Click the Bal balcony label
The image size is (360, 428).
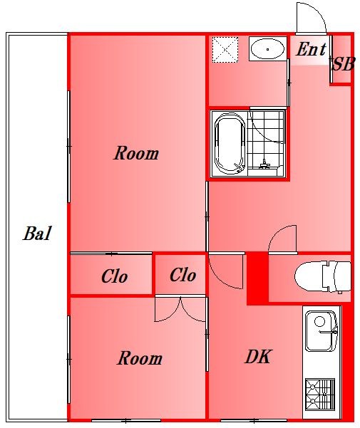click(x=36, y=234)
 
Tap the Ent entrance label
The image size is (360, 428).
click(x=311, y=49)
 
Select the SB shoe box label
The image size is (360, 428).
click(x=343, y=64)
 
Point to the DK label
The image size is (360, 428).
click(x=258, y=356)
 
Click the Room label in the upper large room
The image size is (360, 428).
click(x=136, y=153)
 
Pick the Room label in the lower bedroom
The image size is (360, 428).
click(x=140, y=358)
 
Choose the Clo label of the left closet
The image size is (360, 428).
click(x=115, y=276)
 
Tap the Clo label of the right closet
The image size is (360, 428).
click(x=182, y=275)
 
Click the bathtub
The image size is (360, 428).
click(x=229, y=143)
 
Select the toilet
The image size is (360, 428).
click(x=323, y=277)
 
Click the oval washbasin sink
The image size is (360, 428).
click(x=267, y=49)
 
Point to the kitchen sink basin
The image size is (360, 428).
click(x=320, y=331)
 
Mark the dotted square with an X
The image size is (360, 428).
click(x=225, y=51)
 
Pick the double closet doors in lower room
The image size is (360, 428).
click(x=180, y=309)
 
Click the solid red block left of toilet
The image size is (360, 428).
click(x=257, y=278)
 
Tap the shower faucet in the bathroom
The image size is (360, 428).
click(x=264, y=165)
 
